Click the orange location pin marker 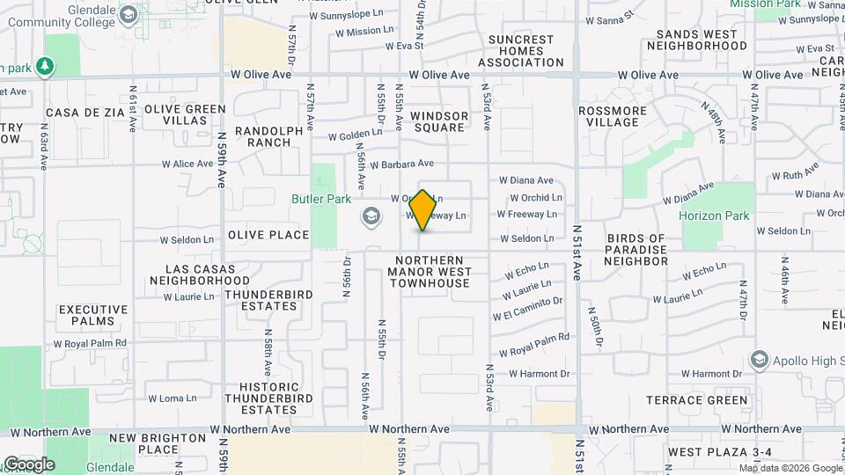423,210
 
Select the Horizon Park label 714,216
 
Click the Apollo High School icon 759,359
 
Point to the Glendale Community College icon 129,15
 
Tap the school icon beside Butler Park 371,216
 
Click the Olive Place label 268,235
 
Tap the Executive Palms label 93,316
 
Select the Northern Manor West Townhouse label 429,272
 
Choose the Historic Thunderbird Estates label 268,398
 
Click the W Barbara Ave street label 402,164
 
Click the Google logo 28,464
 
